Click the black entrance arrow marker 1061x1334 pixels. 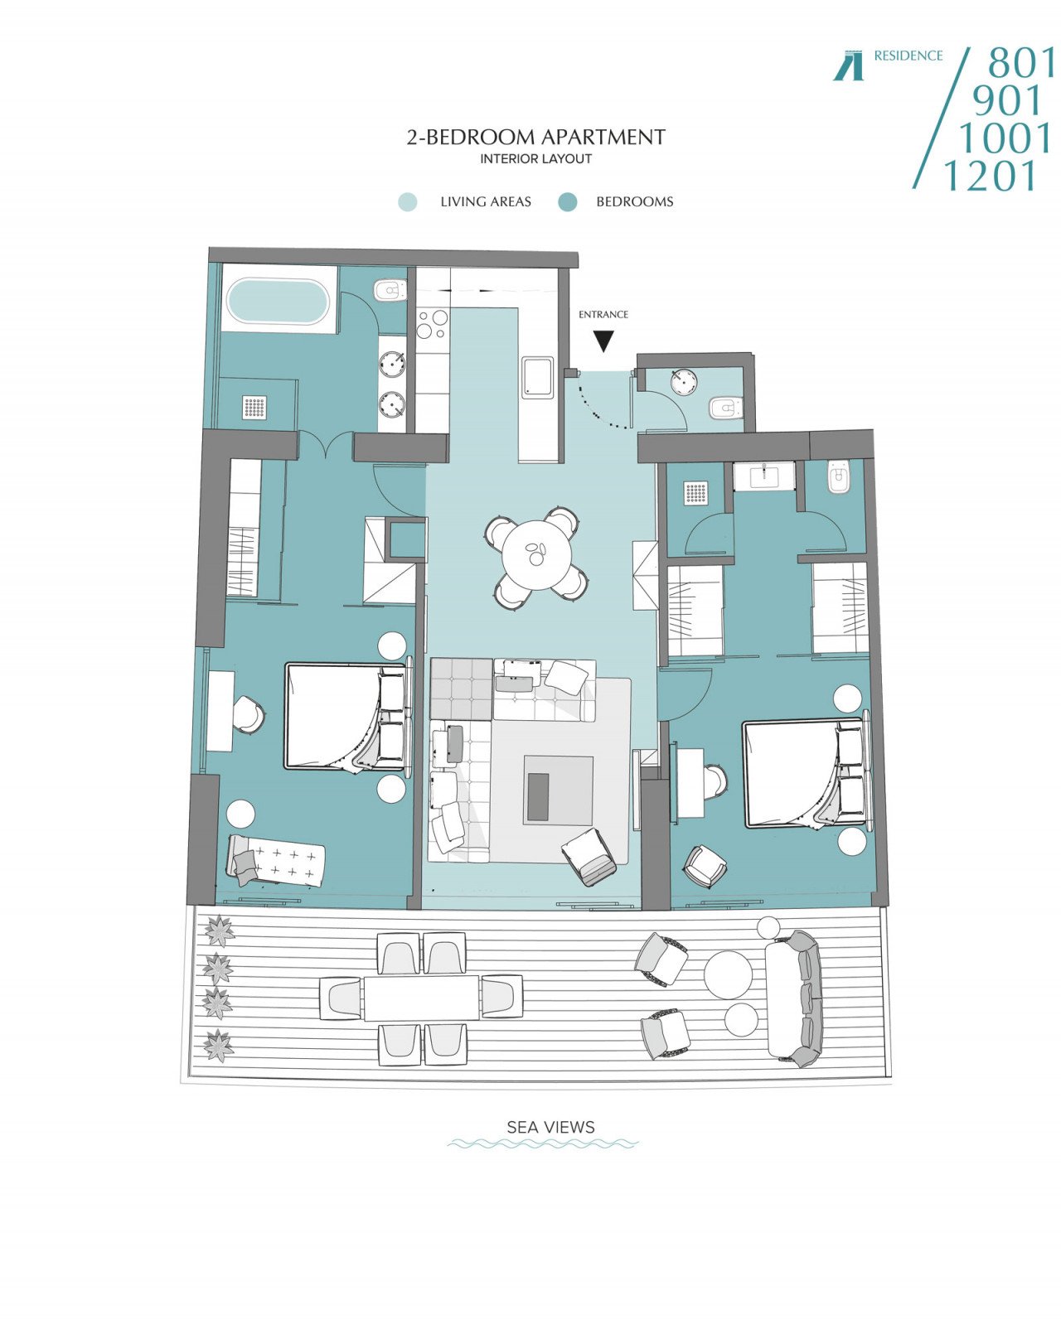[603, 341]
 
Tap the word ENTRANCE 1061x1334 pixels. [603, 314]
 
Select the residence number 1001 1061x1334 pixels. [1005, 138]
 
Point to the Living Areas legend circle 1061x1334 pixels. [408, 201]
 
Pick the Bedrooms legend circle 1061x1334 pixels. [567, 201]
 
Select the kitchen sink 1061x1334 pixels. [537, 376]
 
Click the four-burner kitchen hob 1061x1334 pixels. [432, 323]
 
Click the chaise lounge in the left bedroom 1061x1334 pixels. [277, 861]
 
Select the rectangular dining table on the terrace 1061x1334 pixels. [422, 998]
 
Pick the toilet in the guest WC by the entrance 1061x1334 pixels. [724, 408]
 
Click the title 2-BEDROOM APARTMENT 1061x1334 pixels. [535, 137]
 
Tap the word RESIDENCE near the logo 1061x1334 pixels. [908, 56]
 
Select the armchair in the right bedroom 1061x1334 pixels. [705, 865]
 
